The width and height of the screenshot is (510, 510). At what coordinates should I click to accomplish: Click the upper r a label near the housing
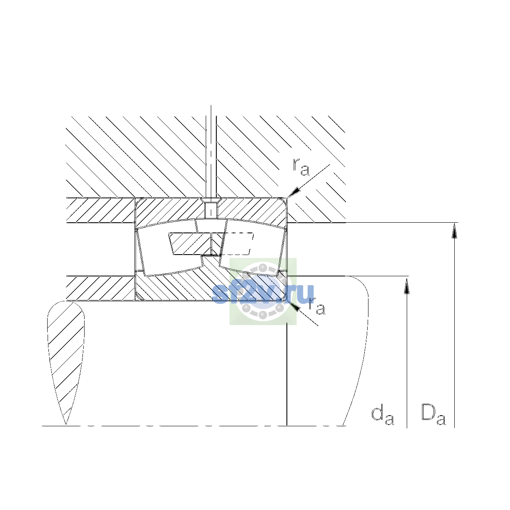tap(301, 167)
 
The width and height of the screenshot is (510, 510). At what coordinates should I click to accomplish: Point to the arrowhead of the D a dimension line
tap(454, 230)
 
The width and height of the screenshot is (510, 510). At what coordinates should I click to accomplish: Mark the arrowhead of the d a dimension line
tap(407, 284)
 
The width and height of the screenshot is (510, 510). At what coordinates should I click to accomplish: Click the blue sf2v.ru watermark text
tap(263, 294)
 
